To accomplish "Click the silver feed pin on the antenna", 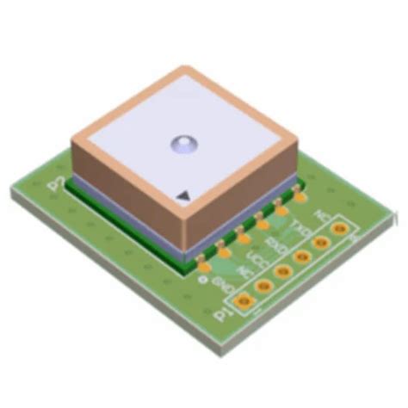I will pyautogui.click(x=185, y=144).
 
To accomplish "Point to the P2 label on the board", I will pyautogui.click(x=58, y=182).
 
